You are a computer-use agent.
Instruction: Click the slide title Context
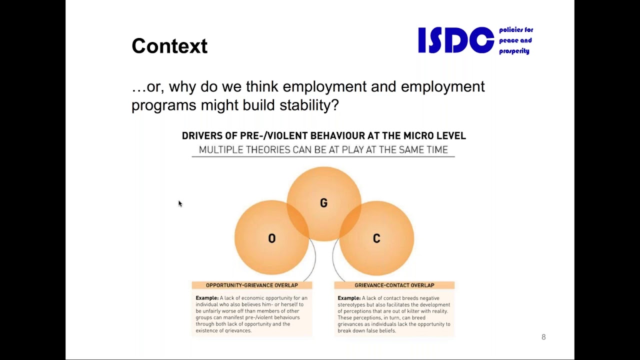point(169,46)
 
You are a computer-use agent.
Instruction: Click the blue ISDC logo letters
point(455,40)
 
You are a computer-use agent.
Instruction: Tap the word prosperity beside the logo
point(513,51)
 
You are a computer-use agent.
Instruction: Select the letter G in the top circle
point(323,203)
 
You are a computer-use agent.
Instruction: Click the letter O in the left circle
point(271,238)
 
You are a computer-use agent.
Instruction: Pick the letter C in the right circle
point(376,238)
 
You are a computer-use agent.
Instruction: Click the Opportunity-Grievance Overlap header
point(251,285)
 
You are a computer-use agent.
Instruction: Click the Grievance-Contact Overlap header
point(394,285)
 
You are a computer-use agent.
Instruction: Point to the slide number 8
point(543,337)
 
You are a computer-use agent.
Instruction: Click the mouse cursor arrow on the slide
point(180,203)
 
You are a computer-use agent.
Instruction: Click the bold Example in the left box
point(207,298)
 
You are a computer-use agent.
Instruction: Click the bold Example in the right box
point(349,298)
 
